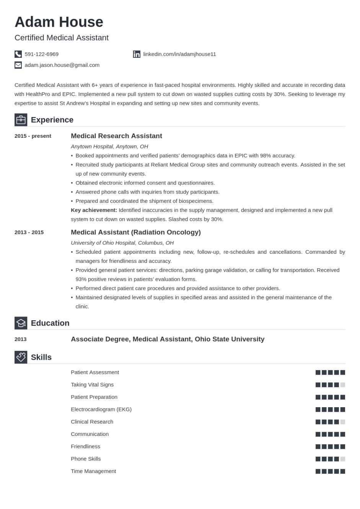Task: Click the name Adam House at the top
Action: click(59, 22)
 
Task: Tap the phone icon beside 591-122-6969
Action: click(18, 54)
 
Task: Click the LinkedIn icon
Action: click(137, 54)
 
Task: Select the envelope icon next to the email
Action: click(18, 65)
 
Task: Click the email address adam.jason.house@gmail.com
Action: click(62, 65)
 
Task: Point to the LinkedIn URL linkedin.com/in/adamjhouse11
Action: click(179, 54)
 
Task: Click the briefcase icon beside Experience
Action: click(21, 120)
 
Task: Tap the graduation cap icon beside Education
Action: click(21, 323)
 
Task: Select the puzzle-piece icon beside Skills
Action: click(21, 357)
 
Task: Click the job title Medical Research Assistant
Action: click(116, 136)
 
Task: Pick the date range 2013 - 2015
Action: click(29, 232)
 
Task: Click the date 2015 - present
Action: click(33, 136)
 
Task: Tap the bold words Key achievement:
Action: click(94, 210)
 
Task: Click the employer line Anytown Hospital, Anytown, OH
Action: click(109, 147)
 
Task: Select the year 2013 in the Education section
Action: click(21, 339)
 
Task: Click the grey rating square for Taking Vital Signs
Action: click(343, 385)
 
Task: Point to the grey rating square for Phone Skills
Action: click(343, 459)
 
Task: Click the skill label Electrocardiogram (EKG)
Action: click(101, 409)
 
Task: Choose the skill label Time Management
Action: click(93, 471)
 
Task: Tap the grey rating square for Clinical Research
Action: click(343, 422)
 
